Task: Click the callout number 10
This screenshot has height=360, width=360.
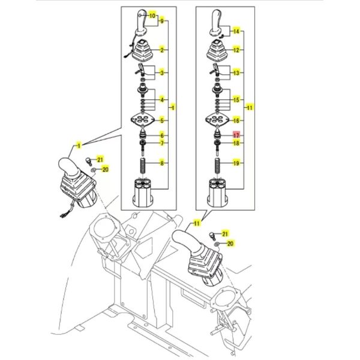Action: click(x=152, y=16)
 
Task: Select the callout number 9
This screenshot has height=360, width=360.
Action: click(x=162, y=21)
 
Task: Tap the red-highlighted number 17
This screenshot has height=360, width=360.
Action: click(x=236, y=135)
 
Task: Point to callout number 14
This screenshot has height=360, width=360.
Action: click(x=236, y=31)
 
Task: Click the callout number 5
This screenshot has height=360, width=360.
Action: click(x=162, y=121)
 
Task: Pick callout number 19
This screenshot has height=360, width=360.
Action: click(x=236, y=163)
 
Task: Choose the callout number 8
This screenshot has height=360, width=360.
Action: click(x=162, y=163)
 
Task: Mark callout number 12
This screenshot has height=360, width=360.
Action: click(x=236, y=50)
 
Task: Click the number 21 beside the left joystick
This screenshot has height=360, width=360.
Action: click(x=100, y=159)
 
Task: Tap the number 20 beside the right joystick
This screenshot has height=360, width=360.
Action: click(x=230, y=244)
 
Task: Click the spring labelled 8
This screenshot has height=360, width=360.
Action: click(x=143, y=167)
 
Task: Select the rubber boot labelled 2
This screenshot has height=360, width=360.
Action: click(x=143, y=51)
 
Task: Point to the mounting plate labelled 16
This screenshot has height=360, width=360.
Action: click(x=217, y=120)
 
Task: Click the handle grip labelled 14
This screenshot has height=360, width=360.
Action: click(x=216, y=23)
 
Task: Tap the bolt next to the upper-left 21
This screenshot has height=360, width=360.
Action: click(x=88, y=161)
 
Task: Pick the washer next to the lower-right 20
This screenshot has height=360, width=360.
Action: click(x=217, y=244)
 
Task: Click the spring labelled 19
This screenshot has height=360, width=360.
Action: click(x=217, y=167)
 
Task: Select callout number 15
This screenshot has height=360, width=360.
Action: click(x=236, y=100)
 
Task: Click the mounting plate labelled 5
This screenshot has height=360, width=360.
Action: click(x=143, y=120)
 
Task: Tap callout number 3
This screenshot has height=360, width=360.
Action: click(x=162, y=73)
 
